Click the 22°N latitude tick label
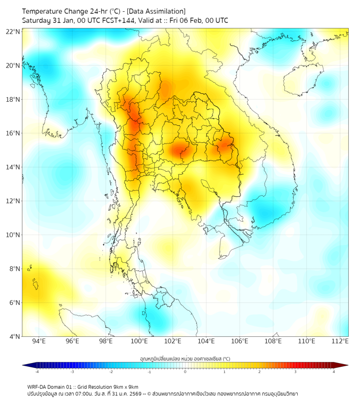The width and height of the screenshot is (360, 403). [x=13, y=31]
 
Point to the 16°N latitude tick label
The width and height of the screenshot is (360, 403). [x=13, y=133]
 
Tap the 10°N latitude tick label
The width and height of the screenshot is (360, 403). [x=13, y=235]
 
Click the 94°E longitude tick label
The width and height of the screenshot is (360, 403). [x=38, y=342]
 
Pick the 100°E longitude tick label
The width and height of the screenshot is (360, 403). [x=139, y=342]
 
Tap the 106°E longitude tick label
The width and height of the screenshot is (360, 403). [x=240, y=342]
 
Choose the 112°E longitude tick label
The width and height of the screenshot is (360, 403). [x=340, y=342]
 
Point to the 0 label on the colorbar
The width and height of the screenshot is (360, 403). [x=185, y=372]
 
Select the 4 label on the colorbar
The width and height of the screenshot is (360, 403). [x=334, y=372]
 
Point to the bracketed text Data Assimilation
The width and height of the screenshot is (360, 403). [x=155, y=11]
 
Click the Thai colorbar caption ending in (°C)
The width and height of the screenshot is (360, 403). [x=185, y=359]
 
